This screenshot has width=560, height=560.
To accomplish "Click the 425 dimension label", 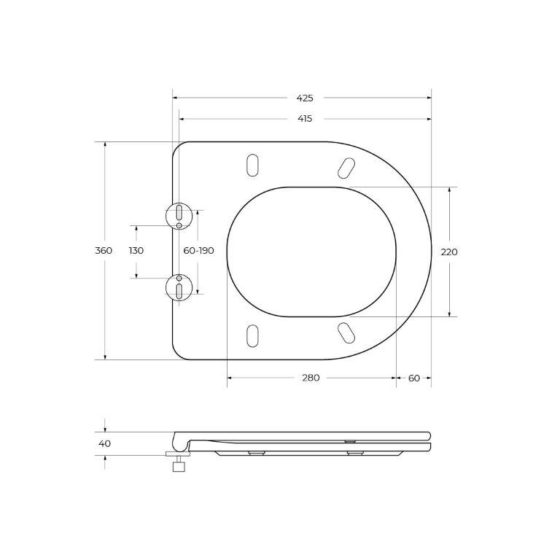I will (304, 98).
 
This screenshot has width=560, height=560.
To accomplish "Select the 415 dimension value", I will (304, 119).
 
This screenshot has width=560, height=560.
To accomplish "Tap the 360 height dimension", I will (104, 251).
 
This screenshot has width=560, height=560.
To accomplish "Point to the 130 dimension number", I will (136, 251).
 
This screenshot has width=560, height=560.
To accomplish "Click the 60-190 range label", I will (198, 251).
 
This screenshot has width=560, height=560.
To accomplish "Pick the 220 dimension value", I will (449, 252).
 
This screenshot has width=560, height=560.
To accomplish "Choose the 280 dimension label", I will (311, 378).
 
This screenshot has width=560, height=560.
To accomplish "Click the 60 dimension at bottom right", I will (414, 378).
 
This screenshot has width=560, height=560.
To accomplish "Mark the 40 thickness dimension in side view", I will (104, 443).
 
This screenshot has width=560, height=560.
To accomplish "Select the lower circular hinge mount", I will (179, 287).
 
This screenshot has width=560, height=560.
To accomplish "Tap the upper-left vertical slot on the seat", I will (252, 165).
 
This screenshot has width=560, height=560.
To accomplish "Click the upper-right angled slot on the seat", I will (346, 168).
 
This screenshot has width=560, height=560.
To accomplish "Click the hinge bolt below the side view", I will (177, 463).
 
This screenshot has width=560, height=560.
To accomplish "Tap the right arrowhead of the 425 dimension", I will (428, 98).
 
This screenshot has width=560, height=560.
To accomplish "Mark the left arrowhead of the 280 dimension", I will (230, 378).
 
